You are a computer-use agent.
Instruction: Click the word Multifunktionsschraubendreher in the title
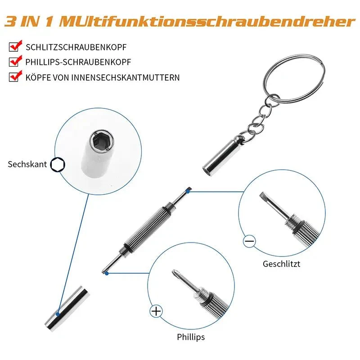[x=207, y=22]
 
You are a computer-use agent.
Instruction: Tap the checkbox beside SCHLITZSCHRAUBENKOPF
[x=14, y=47]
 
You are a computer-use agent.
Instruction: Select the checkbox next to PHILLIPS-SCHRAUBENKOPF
[x=14, y=62]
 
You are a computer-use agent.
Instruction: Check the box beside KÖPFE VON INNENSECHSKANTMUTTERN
[x=14, y=77]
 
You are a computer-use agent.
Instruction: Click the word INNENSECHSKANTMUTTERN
[x=126, y=77]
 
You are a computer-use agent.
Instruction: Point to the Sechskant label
[x=27, y=164]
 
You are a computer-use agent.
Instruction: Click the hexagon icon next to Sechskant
[x=58, y=165]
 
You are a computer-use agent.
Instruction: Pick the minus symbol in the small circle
[x=249, y=241]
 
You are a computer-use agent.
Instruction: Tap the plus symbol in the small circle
[x=156, y=311]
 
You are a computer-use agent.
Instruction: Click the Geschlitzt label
[x=282, y=264]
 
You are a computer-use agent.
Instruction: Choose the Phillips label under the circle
[x=191, y=337]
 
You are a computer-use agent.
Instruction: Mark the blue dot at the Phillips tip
[x=107, y=274]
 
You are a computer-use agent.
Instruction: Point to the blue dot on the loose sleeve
[x=58, y=314]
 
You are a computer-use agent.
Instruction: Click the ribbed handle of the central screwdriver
[x=148, y=226]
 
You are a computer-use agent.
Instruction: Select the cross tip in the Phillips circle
[x=176, y=274]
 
